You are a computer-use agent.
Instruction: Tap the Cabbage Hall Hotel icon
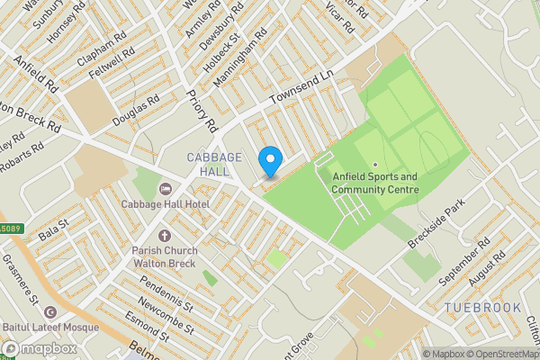coord(165,189)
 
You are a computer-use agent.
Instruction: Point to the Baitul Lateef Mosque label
coord(53,328)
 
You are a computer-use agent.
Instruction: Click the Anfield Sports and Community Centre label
coord(374,183)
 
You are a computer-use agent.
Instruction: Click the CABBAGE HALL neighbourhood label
coord(214,165)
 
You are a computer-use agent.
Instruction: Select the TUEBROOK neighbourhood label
coord(482,308)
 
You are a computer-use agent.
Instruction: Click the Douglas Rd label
coord(135,110)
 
